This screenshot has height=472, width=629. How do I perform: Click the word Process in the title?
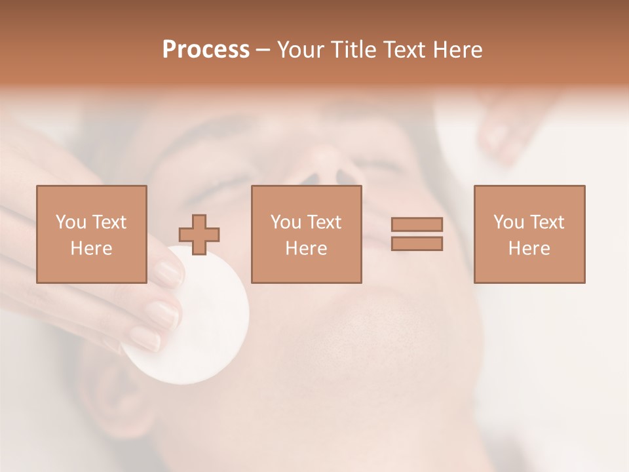(206, 50)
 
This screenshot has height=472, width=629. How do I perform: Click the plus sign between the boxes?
(199, 235)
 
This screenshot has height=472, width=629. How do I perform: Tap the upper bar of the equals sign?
(417, 224)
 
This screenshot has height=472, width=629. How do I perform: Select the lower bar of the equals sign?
(417, 244)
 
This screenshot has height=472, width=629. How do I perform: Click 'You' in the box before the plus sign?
(70, 222)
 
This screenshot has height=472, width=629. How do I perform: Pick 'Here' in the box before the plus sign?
(91, 248)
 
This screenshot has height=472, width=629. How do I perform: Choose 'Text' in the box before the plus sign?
(109, 222)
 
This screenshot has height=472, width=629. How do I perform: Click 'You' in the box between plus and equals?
(286, 222)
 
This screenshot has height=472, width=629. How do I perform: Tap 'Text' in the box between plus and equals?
(324, 222)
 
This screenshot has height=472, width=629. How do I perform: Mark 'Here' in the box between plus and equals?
(306, 248)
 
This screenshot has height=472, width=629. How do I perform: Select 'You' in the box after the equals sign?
(508, 222)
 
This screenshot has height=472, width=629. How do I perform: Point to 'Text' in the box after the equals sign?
(546, 222)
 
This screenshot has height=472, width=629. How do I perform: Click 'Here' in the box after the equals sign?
(529, 248)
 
